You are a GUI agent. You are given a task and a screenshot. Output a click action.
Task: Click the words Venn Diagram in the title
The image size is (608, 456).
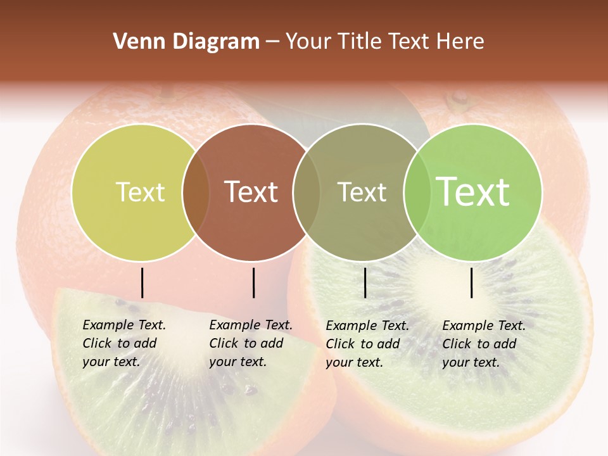click(x=186, y=42)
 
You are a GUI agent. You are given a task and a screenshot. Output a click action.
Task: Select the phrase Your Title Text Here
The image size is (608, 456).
click(x=384, y=42)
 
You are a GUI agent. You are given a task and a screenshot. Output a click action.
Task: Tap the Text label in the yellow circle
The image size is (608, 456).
click(x=140, y=192)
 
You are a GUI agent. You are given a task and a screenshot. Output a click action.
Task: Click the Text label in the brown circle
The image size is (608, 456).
click(x=251, y=192)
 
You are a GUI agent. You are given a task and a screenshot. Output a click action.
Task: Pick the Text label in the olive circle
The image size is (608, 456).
click(x=362, y=192)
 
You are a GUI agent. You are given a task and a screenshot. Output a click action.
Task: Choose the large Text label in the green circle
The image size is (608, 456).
click(x=473, y=191)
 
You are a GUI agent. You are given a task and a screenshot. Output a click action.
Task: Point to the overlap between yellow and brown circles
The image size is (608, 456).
click(x=196, y=193)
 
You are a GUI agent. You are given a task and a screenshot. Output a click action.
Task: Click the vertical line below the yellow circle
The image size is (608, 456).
click(x=142, y=282)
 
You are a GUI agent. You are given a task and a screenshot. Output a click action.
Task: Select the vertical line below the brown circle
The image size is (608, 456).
click(x=253, y=282)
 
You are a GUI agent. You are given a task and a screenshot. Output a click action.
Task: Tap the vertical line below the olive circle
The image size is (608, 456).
click(x=365, y=282)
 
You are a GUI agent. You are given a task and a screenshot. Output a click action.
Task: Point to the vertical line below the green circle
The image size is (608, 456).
click(x=472, y=282)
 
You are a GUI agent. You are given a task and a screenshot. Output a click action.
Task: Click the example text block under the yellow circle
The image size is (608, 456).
click(x=124, y=343)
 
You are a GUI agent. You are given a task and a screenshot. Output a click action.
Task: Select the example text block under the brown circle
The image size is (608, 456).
click(x=251, y=343)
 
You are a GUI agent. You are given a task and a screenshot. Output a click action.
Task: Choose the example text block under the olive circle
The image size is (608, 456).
click(x=367, y=344)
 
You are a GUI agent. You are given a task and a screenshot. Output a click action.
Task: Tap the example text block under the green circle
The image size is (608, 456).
click(x=484, y=344)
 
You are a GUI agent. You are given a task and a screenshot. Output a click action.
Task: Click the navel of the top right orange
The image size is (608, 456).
click(x=459, y=99)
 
